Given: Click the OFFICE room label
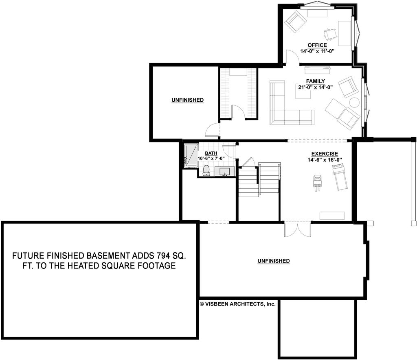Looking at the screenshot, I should click(317, 45).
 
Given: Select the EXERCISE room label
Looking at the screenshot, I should click(325, 153).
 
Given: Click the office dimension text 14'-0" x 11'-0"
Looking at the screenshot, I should click(317, 51).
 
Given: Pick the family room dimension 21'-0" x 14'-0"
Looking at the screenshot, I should click(316, 87).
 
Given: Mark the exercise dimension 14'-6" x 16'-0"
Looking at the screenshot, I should click(325, 159).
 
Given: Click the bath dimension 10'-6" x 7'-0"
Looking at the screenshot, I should click(211, 158).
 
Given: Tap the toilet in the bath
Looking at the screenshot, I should click(206, 170).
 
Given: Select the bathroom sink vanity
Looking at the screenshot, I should click(224, 172).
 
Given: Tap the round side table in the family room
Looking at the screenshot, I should click(354, 102).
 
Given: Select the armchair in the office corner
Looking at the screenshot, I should click(295, 21).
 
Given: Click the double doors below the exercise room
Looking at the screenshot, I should click(297, 229).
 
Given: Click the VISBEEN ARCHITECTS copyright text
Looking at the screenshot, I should click(238, 304).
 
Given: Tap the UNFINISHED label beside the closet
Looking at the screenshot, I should click(187, 100).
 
